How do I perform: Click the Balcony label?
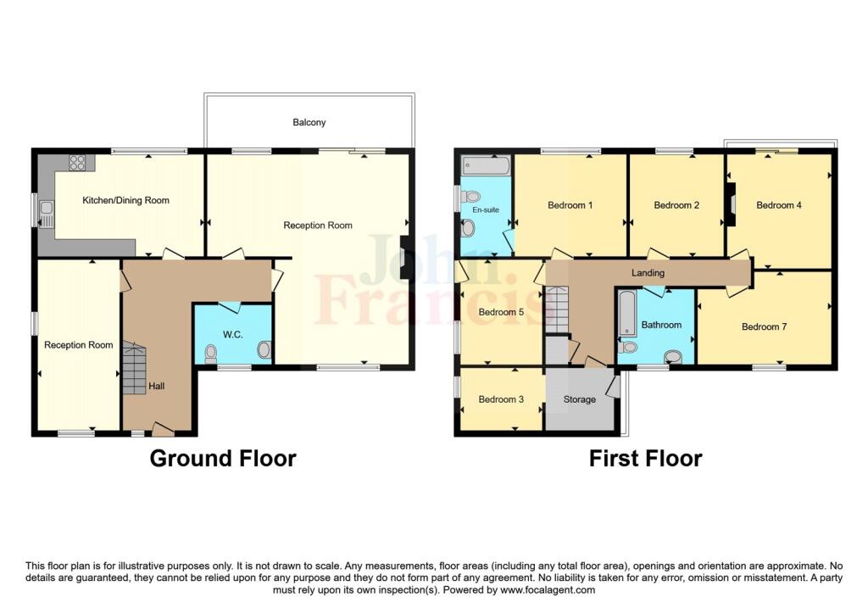pos(309,122)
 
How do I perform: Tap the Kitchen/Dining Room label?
pos(125,200)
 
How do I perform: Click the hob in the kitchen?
pos(77,162)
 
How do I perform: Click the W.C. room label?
pos(233,334)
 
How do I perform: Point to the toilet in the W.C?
pos(210,354)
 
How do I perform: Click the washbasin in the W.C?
pos(264,349)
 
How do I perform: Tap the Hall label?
pos(157,386)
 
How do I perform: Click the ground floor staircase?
pos(134,368)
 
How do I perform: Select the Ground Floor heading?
pos(223,459)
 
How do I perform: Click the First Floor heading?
pos(645,459)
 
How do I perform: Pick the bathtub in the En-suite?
pos(487,165)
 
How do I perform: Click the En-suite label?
pos(486,209)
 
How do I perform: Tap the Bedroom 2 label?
pos(676,205)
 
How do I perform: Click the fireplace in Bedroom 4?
pos(732,205)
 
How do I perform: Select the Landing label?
pos(648,273)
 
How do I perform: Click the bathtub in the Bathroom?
pos(627,313)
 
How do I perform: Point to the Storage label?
pos(580,399)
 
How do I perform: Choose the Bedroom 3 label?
pos(501,399)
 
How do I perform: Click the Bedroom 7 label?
pos(764,326)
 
